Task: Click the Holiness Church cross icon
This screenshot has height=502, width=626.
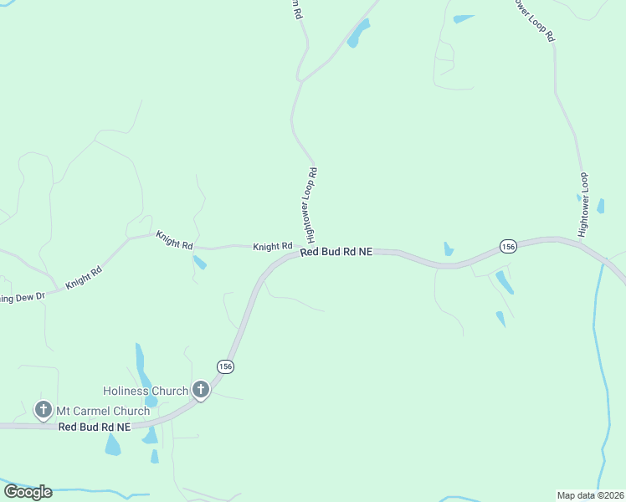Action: click(x=201, y=389)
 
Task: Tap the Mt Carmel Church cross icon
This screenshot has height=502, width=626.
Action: click(x=44, y=410)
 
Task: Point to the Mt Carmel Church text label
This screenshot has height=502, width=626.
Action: click(x=103, y=411)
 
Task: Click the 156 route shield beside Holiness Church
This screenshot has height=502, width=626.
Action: click(x=224, y=366)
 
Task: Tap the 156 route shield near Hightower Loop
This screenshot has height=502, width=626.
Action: click(x=508, y=245)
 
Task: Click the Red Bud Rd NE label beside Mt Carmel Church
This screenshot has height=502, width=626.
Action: click(x=95, y=427)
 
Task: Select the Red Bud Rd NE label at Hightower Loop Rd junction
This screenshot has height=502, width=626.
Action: click(x=336, y=251)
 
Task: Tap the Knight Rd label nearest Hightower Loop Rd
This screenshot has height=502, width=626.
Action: click(x=273, y=247)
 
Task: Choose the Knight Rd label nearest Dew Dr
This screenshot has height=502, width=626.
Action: click(x=84, y=278)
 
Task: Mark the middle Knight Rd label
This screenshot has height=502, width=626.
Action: click(x=174, y=240)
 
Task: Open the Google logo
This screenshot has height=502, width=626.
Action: click(x=28, y=491)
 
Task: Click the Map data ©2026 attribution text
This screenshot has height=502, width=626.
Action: click(x=590, y=494)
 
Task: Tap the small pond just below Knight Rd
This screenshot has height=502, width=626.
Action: click(x=199, y=263)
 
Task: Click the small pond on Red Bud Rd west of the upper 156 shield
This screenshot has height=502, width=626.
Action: click(x=449, y=249)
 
